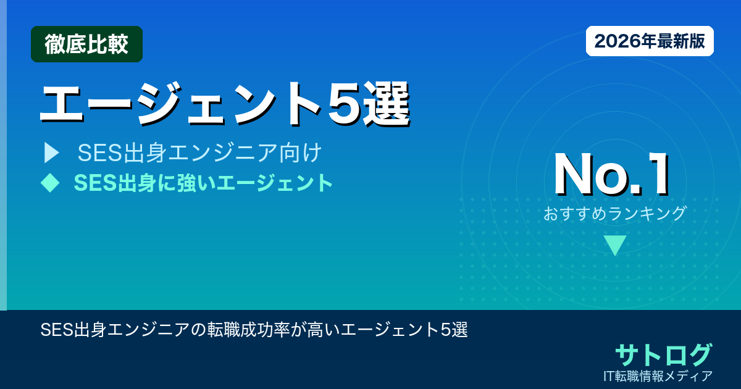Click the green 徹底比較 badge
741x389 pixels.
86,44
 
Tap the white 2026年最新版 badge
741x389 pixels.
650,41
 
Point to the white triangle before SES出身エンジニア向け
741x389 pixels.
51,153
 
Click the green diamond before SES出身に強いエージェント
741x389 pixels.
49,182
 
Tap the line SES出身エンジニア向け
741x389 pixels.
199,153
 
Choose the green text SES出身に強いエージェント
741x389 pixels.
203,183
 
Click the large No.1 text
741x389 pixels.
611,176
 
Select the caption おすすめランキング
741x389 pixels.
615,214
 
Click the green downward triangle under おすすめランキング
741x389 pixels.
615,245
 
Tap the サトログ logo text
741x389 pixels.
663,354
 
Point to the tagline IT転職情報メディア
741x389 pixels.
658,375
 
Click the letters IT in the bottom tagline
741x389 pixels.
609,375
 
